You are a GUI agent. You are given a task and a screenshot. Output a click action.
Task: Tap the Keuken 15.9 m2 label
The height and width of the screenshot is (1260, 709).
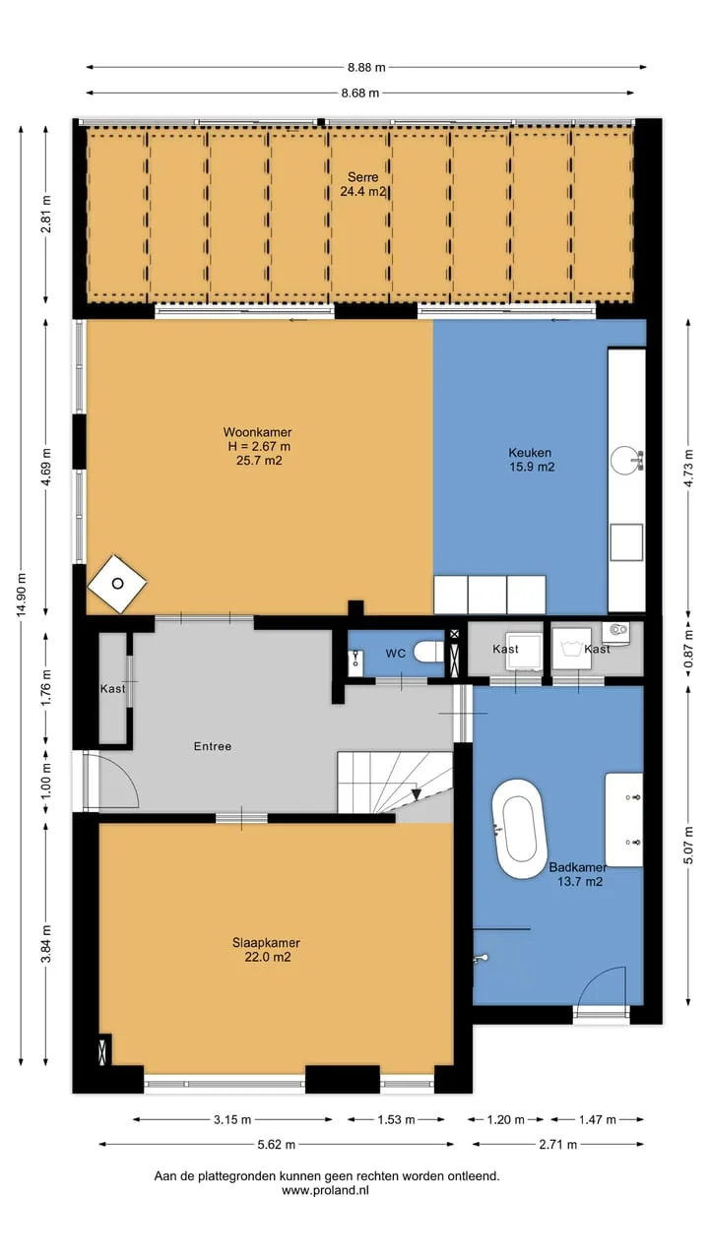(531, 460)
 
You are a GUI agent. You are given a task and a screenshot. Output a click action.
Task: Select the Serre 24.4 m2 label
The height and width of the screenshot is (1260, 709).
(363, 184)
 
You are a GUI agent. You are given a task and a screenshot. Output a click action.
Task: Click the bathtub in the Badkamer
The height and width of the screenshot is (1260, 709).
(519, 829)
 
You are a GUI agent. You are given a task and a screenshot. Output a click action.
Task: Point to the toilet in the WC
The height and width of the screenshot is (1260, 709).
(428, 652)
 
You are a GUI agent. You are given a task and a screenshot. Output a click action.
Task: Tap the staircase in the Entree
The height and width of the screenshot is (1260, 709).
(395, 783)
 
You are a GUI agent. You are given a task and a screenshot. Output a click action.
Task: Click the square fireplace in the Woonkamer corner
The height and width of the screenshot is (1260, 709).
(117, 584)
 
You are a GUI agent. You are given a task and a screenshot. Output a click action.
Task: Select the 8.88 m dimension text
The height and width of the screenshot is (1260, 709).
(366, 68)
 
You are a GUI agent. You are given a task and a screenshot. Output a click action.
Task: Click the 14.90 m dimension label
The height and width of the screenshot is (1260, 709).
(21, 596)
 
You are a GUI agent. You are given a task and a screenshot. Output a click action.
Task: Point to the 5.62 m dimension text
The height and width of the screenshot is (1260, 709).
(277, 1144)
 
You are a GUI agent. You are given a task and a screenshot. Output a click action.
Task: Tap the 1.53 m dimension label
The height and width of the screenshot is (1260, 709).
(396, 1119)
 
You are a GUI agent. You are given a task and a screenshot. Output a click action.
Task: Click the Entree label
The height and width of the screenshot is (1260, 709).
(212, 746)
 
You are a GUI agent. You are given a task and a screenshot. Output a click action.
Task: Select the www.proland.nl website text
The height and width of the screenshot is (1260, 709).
(325, 1190)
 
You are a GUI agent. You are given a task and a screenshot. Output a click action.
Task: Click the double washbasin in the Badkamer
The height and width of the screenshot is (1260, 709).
(624, 820)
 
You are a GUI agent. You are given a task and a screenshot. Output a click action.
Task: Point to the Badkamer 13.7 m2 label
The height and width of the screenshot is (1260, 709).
(578, 874)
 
